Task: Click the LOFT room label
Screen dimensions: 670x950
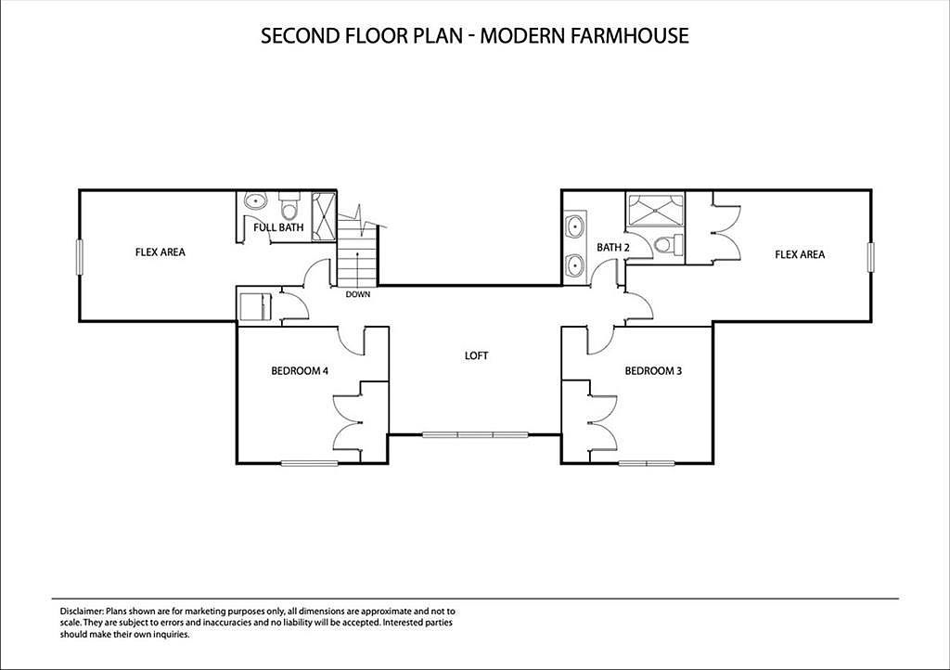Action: coord(476,355)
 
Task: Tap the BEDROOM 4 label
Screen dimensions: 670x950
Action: coord(300,371)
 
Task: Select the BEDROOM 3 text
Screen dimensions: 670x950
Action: coord(653,371)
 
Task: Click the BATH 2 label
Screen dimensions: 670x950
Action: coord(613,248)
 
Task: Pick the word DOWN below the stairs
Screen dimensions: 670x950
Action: coord(358,295)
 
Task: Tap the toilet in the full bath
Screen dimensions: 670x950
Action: coord(289,203)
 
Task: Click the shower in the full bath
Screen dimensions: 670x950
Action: coord(323,217)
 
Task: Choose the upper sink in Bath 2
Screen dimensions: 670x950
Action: coord(575,225)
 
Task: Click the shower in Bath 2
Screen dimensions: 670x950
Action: coord(654,211)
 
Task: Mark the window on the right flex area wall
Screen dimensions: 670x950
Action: coord(870,256)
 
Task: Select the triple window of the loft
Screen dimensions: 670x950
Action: coord(475,434)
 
